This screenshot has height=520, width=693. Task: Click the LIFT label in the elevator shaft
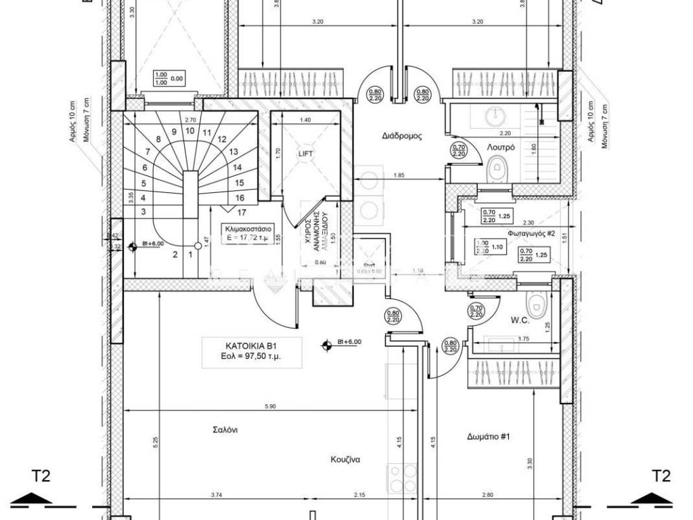(306, 154)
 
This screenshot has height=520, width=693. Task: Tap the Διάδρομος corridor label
(403, 135)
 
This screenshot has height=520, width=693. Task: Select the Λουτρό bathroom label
(500, 146)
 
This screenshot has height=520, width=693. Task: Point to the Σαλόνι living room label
(224, 430)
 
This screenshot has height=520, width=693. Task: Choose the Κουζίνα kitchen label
(345, 459)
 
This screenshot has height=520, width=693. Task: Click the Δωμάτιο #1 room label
(488, 437)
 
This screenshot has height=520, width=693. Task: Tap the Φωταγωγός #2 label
(532, 233)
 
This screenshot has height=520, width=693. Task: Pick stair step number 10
(189, 131)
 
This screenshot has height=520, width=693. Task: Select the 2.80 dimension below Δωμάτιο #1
(488, 496)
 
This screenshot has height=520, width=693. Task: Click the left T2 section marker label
(41, 477)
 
